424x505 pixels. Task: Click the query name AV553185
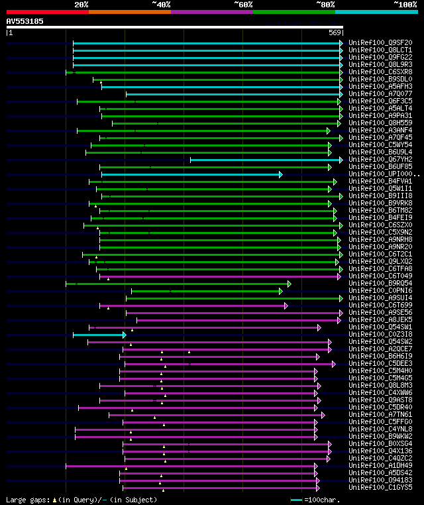pos(25,21)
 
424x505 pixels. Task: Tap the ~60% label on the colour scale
pos(243,4)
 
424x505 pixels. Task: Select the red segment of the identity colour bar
pos(47,11)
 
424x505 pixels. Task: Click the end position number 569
pos(335,32)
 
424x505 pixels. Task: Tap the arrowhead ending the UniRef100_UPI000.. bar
pos(281,174)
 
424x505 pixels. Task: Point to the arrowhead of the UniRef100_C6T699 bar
pos(286,306)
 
